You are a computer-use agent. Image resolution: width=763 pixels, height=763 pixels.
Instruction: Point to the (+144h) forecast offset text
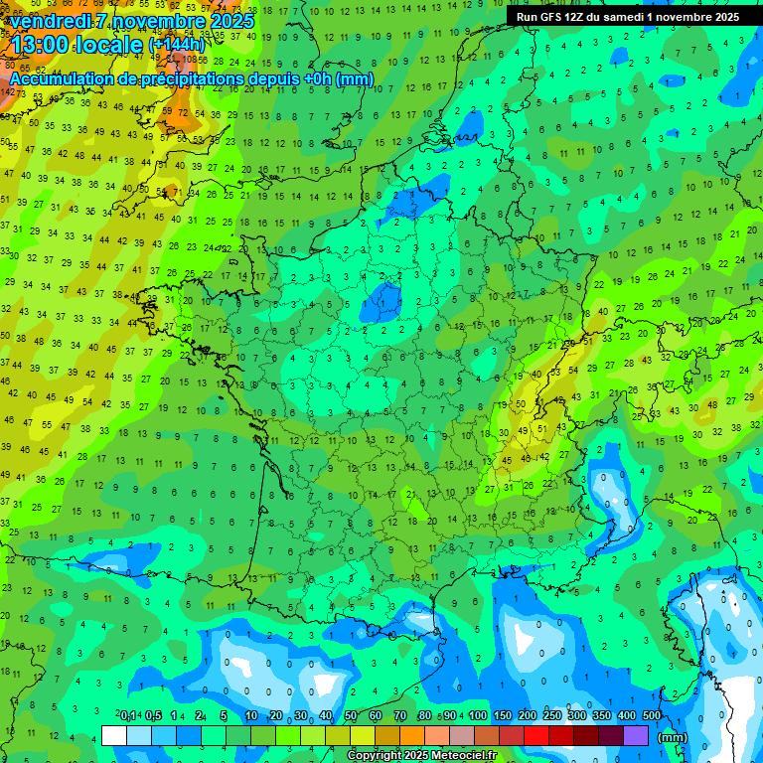[177, 45]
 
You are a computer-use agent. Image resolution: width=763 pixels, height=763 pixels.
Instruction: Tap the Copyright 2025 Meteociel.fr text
[421, 756]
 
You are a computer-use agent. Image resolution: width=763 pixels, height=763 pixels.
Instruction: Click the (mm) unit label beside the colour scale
[673, 737]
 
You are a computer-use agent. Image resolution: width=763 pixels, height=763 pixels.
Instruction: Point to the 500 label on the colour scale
[652, 716]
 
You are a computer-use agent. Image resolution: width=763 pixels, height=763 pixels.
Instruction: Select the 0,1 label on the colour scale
[128, 716]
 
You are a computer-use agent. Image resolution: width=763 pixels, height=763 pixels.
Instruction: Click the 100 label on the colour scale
[478, 716]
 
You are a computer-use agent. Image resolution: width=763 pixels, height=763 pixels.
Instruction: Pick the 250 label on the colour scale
[552, 716]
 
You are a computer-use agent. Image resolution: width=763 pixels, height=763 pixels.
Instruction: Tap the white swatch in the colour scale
[114, 736]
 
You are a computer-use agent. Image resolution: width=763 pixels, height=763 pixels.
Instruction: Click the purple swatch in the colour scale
[636, 736]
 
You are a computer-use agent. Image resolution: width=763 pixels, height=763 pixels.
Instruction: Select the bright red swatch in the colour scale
[536, 736]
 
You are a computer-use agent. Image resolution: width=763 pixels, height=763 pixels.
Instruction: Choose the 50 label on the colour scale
[351, 716]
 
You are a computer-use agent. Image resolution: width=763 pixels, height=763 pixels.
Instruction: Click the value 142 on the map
[9, 91]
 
